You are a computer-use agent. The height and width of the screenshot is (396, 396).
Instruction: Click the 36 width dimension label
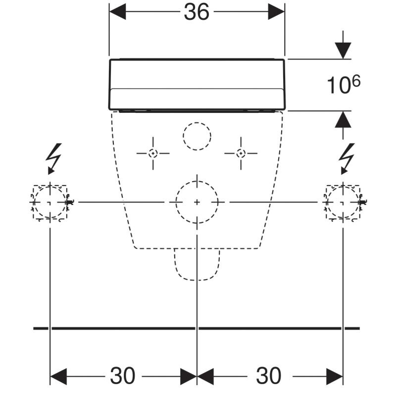(x=197, y=12)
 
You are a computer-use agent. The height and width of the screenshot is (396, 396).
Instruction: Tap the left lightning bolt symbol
(x=53, y=157)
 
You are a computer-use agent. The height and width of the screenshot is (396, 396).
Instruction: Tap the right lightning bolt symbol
(x=347, y=157)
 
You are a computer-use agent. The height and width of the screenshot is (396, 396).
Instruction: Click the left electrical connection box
(x=50, y=202)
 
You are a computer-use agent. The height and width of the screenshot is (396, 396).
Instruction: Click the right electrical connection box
(x=343, y=202)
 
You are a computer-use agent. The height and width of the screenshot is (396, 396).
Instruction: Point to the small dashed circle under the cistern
(x=197, y=135)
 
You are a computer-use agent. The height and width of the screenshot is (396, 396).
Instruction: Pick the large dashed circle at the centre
(x=197, y=202)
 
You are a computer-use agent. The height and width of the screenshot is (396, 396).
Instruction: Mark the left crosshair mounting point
(x=153, y=153)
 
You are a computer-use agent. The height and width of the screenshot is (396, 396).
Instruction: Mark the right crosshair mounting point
(x=241, y=153)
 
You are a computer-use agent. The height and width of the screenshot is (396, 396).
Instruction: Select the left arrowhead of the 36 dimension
(x=117, y=12)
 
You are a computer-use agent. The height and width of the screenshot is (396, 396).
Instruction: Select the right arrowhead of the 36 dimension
(x=277, y=12)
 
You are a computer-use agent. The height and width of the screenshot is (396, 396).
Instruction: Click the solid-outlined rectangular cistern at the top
(x=197, y=84)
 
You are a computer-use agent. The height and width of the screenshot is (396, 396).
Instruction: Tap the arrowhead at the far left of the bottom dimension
(x=58, y=376)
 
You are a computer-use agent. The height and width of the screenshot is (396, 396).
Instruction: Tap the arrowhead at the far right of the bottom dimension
(x=335, y=376)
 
